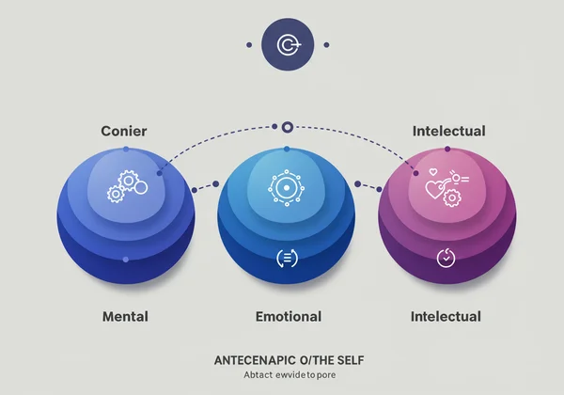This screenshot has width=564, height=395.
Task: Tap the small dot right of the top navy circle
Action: pyautogui.click(x=326, y=44)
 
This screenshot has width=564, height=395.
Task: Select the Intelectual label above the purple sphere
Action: pyautogui.click(x=448, y=131)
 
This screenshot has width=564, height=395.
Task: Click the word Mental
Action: pyautogui.click(x=125, y=316)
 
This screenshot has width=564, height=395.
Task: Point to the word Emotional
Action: pyautogui.click(x=289, y=316)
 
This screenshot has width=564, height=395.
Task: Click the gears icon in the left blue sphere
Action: pyautogui.click(x=126, y=184)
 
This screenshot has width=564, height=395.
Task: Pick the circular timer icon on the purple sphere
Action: pyautogui.click(x=446, y=256)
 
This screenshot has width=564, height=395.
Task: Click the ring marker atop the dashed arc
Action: pyautogui.click(x=288, y=126)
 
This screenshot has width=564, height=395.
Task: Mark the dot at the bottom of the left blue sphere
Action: pyautogui.click(x=125, y=258)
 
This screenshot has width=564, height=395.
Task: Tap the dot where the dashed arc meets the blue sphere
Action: pyautogui.click(x=159, y=173)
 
